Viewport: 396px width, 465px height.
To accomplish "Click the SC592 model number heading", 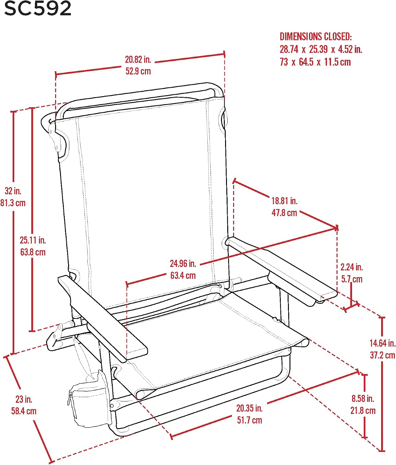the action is point(38,9).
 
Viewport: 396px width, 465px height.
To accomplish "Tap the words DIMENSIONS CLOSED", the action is point(315,37).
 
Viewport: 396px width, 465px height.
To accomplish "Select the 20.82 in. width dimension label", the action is point(138,60).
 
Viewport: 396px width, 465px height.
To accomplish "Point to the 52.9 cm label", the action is point(138,71).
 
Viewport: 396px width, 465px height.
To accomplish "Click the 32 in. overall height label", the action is point(13,191).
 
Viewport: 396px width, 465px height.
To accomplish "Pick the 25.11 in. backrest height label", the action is point(33,240).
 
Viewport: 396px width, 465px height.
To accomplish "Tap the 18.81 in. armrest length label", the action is point(285,201).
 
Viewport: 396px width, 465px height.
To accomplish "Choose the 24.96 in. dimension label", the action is point(183,263).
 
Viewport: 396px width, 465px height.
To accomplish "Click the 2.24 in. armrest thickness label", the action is point(352,267).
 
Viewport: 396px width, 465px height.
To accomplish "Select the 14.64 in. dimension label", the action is point(382,343).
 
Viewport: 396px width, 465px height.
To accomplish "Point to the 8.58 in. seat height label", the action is point(363,399).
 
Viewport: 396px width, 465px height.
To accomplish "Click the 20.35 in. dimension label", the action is point(250,408).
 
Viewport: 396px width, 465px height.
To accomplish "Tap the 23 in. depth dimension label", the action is point(24,399).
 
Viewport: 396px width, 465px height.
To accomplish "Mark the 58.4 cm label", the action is point(24,411).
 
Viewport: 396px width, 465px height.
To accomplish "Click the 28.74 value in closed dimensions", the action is point(289,49).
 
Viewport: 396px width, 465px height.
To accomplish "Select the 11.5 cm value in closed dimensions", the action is point(337,62).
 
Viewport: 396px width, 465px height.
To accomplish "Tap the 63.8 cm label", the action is point(33,252).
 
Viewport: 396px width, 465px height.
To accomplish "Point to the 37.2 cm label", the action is point(382,355).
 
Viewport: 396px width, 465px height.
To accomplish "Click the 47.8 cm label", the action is point(285,213).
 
